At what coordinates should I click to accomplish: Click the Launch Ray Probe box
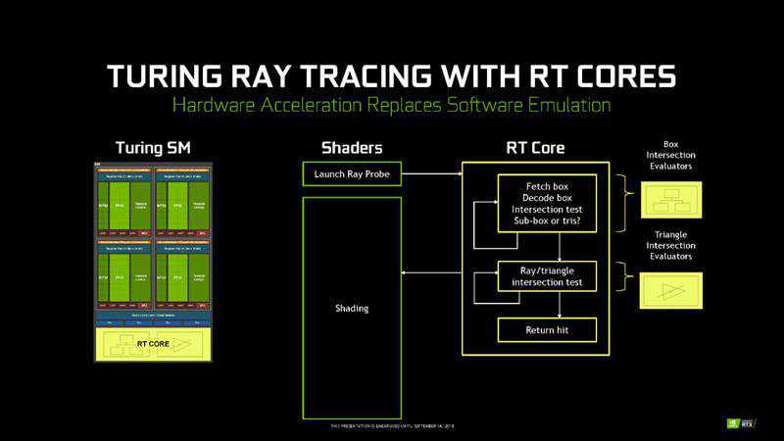[x=352, y=175]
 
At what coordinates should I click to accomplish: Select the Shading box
[x=352, y=308]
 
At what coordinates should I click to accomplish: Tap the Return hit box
[x=547, y=330]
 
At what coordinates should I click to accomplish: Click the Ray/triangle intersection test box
[x=547, y=275]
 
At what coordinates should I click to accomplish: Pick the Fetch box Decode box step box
[x=547, y=203]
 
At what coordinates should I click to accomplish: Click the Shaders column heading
[x=352, y=148]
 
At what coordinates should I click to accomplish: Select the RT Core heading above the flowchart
[x=534, y=148]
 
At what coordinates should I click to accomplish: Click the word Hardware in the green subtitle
[x=216, y=105]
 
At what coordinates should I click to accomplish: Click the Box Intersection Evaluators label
[x=670, y=155]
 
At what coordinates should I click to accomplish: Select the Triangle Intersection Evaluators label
[x=670, y=245]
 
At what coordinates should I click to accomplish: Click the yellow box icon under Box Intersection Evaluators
[x=670, y=198]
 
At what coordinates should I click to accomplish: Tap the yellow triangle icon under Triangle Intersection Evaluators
[x=670, y=290]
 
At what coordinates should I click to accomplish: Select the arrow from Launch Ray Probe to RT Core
[x=431, y=175]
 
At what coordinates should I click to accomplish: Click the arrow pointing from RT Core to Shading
[x=431, y=275]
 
